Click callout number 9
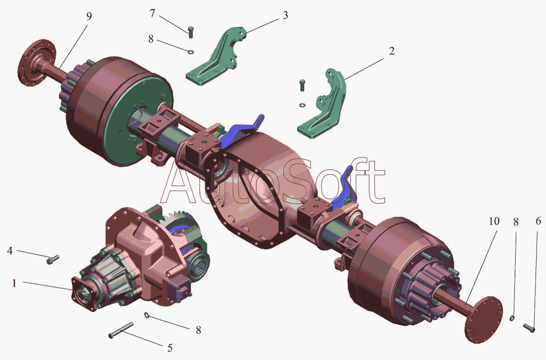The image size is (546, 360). pos(89,16)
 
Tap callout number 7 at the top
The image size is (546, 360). pos(152,13)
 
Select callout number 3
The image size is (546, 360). pos(285,15)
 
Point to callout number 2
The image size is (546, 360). pos(392,51)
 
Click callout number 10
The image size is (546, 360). pos(494,221)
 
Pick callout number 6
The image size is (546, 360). pos(539,221)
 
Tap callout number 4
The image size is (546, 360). pos(10,250)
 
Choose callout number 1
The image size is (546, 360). pos(14,283)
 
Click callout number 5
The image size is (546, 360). pos(170,348)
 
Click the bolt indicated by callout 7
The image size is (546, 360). pos(191,32)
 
